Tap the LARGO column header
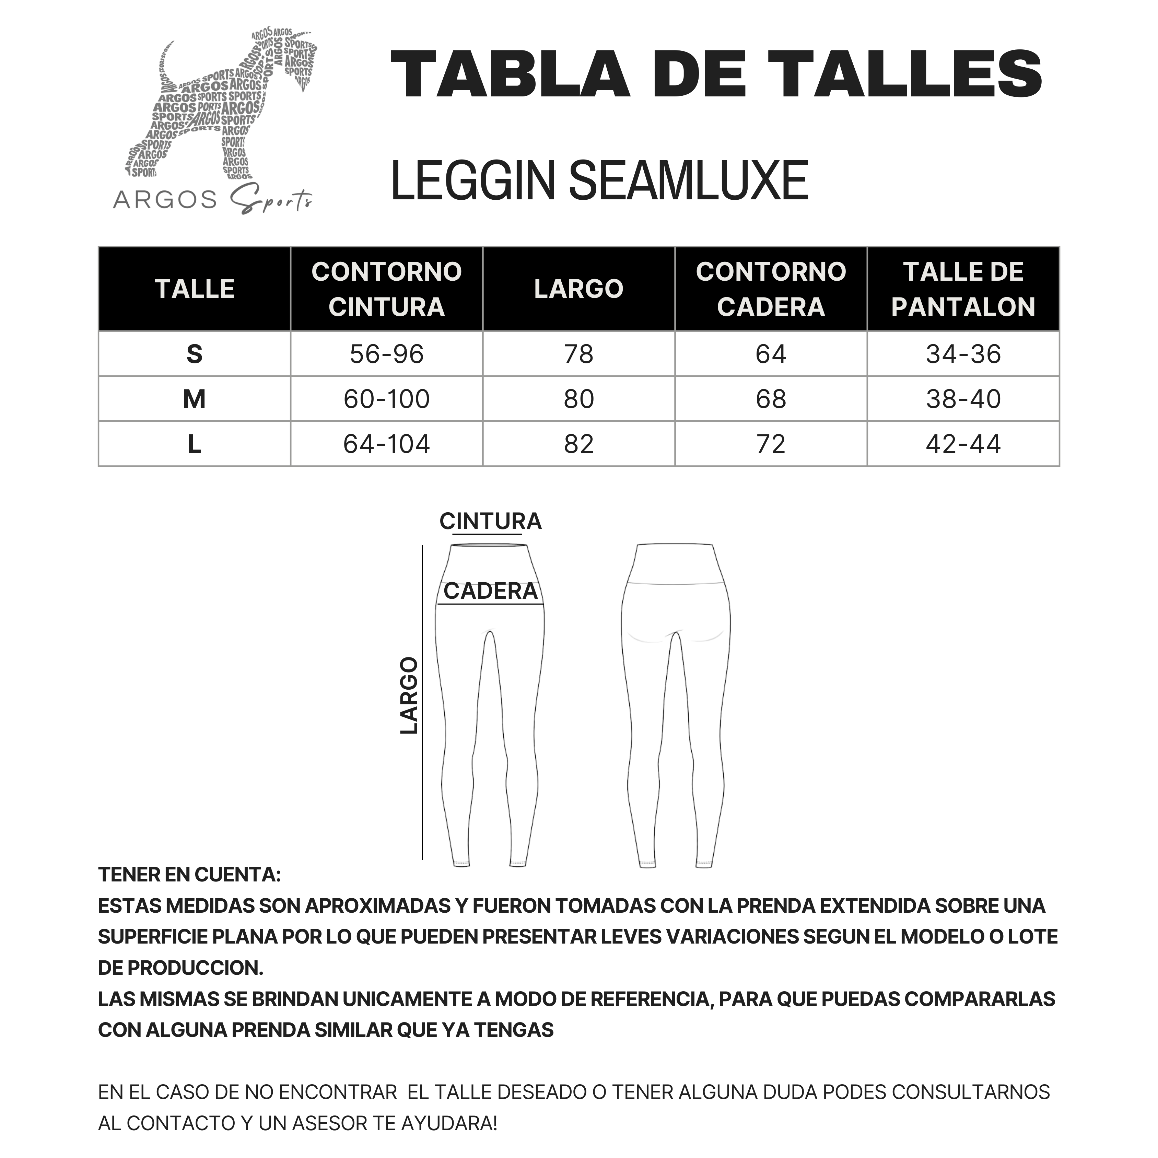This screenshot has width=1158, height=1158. point(578,289)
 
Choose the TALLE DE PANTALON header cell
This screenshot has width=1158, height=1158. point(963,289)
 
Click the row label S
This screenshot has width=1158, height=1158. point(194,354)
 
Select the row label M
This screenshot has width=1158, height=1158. point(194,399)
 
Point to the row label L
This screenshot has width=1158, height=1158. point(194,444)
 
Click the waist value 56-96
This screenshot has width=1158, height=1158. point(387,354)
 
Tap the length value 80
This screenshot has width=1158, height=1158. point(578,399)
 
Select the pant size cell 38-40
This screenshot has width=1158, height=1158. point(963,399)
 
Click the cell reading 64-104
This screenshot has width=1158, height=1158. point(387,444)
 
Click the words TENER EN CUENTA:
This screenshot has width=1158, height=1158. point(189,875)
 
